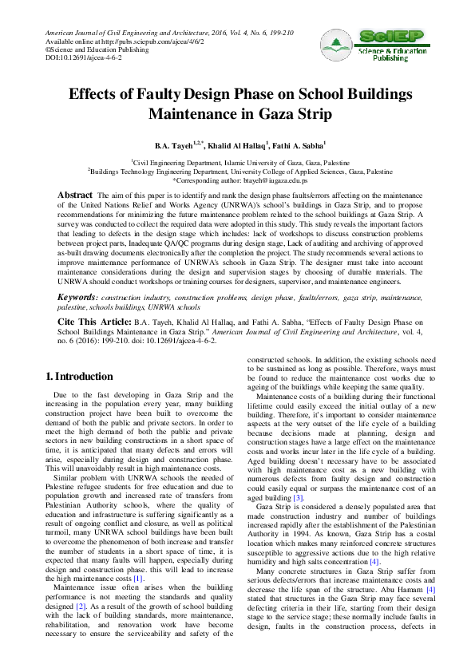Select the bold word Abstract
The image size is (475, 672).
pos(76,195)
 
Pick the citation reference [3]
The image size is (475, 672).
pos(298,475)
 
